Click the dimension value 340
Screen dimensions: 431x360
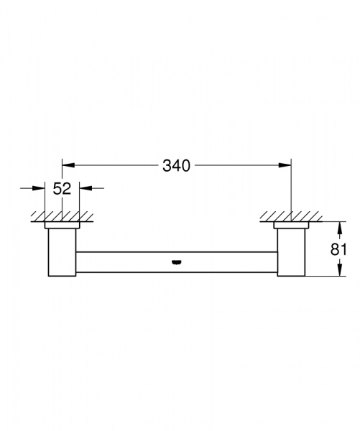176,166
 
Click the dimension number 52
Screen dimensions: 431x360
63,189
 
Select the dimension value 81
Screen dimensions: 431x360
339,249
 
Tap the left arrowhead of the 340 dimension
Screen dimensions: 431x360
67,166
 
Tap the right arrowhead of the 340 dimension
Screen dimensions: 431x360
286,166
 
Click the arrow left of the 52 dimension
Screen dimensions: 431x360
40,189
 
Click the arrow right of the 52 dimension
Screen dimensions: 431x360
85,189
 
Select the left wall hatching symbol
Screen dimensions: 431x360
62,215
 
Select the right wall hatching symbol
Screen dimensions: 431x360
290,215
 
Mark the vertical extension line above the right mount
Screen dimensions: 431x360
290,187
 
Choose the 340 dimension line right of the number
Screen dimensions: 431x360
241,166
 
